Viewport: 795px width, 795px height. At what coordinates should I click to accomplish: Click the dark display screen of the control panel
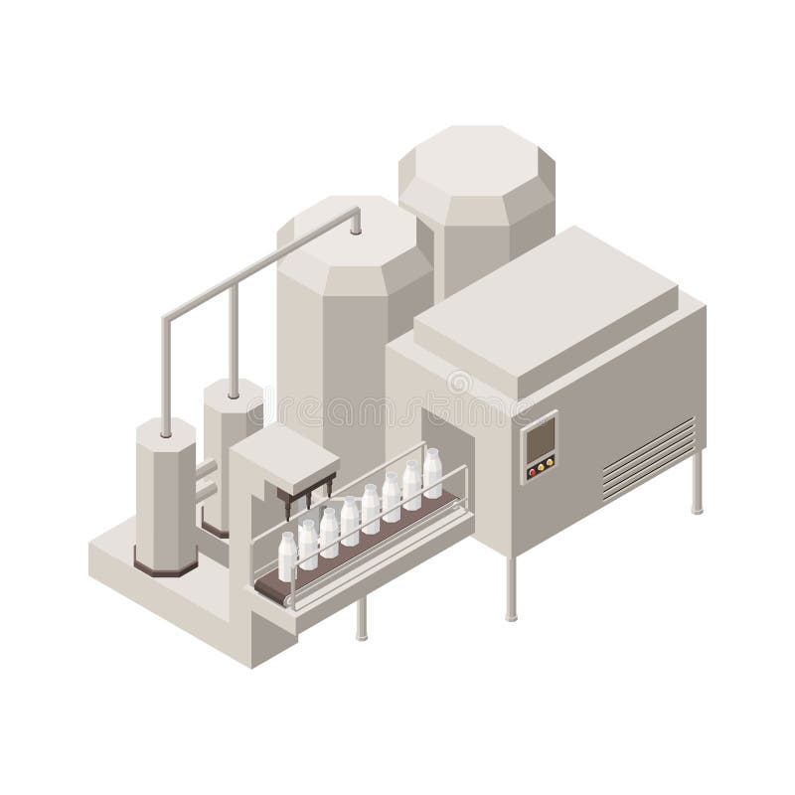point(540,437)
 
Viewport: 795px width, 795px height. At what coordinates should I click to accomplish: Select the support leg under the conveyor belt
point(362,616)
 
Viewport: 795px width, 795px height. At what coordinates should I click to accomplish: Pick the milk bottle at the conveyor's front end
point(286,556)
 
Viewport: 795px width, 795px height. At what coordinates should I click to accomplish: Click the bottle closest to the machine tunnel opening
point(432,473)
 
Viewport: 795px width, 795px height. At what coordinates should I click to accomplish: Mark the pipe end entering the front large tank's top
point(356,227)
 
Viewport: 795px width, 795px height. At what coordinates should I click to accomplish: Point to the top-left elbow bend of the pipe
point(167,323)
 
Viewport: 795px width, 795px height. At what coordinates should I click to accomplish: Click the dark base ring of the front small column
point(165,567)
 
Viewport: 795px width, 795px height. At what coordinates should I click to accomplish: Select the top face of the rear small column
point(233,391)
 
